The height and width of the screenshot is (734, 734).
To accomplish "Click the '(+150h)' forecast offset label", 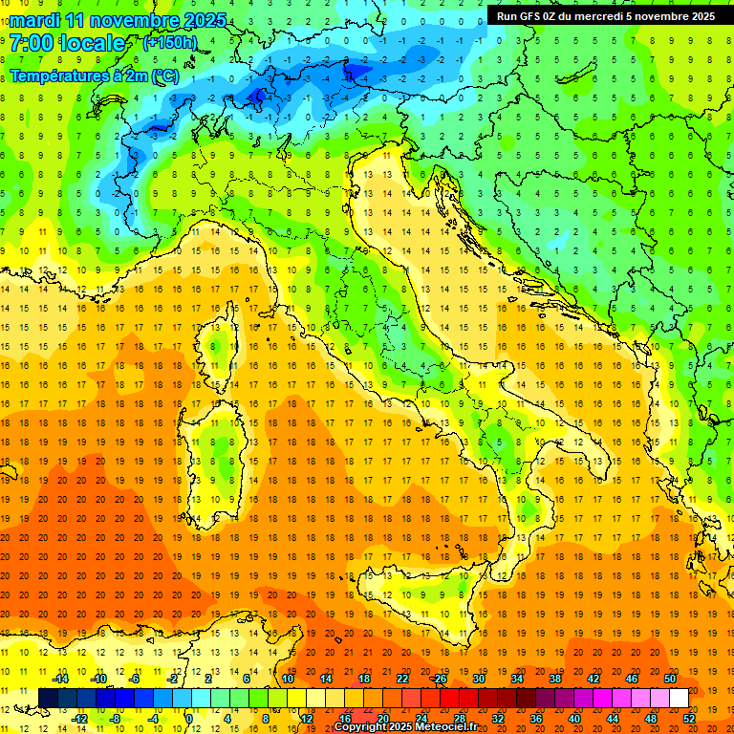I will (169, 43).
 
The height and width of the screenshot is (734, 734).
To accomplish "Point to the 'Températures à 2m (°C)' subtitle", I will (95, 75).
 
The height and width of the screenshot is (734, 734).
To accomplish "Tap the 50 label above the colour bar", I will (670, 679).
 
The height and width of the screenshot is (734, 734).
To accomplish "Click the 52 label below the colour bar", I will (689, 718).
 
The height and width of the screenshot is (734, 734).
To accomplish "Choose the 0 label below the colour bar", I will (190, 718).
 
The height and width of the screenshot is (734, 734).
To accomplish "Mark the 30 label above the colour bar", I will (479, 679).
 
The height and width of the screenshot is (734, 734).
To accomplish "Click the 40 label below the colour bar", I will (574, 718).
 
